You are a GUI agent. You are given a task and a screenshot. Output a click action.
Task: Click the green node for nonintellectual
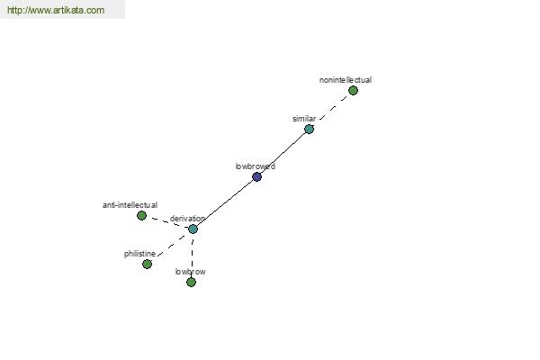pyautogui.click(x=353, y=91)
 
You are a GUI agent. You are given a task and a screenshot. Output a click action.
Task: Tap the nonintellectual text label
pyautogui.click(x=346, y=80)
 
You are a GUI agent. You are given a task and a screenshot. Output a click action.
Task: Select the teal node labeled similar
pyautogui.click(x=309, y=130)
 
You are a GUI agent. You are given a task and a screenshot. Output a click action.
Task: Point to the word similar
pyautogui.click(x=304, y=119)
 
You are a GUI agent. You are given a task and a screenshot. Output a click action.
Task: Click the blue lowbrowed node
pyautogui.click(x=256, y=176)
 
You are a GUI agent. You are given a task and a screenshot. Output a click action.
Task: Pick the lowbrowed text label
pyautogui.click(x=256, y=166)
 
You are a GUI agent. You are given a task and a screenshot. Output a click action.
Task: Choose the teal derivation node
pyautogui.click(x=193, y=229)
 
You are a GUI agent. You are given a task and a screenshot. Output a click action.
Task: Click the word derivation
pyautogui.click(x=187, y=219)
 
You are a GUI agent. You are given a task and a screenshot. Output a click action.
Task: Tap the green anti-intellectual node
pyautogui.click(x=141, y=216)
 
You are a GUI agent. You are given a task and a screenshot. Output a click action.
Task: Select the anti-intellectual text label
pyautogui.click(x=130, y=205)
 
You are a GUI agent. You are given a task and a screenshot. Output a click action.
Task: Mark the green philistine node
pyautogui.click(x=147, y=265)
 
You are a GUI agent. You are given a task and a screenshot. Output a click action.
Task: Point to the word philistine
pyautogui.click(x=139, y=254)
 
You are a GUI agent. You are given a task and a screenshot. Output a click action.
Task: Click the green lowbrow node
pyautogui.click(x=191, y=282)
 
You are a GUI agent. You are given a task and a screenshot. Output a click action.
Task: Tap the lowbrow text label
pyautogui.click(x=190, y=272)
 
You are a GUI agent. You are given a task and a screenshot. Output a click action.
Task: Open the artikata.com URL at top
pyautogui.click(x=56, y=10)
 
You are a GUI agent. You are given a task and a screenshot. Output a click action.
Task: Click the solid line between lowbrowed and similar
pyautogui.click(x=283, y=153)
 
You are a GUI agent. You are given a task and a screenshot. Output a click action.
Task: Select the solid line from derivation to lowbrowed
pyautogui.click(x=225, y=202)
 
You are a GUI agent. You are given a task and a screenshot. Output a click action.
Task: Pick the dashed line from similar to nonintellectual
pyautogui.click(x=333, y=108)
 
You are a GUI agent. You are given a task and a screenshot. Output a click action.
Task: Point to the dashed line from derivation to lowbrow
pyautogui.click(x=193, y=253)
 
